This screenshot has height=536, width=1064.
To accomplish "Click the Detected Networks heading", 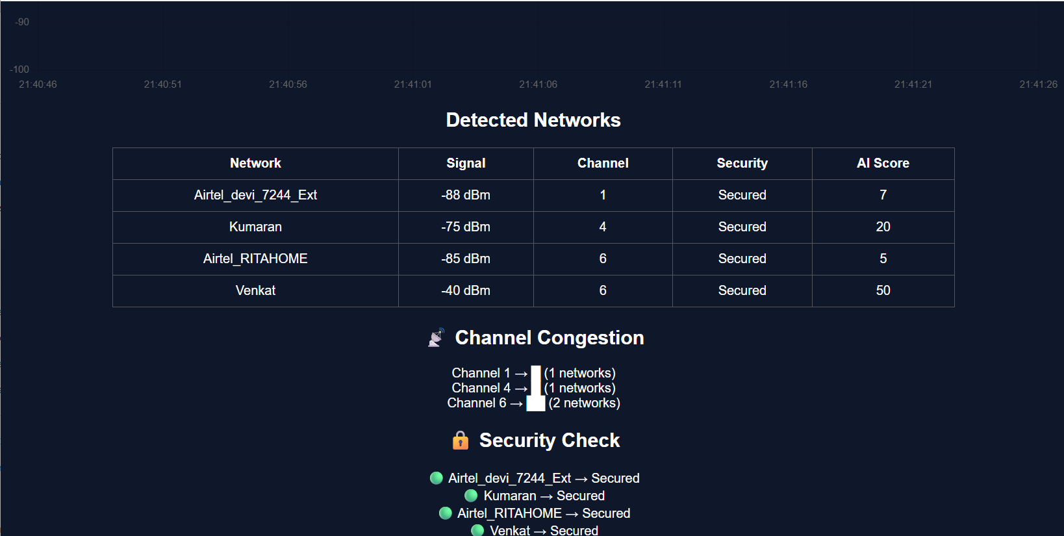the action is coord(533,120).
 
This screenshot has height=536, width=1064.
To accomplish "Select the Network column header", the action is coord(255,163).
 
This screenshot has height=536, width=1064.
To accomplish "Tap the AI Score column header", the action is coord(883,163).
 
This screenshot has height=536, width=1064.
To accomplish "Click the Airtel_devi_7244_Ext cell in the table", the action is coord(255,195).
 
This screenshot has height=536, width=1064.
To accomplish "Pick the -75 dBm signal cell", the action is coord(466,227).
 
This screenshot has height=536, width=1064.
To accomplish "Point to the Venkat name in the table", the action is coord(255,290).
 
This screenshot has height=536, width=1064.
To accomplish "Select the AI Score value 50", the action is coord(883,290).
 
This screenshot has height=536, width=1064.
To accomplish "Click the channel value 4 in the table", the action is coord(603,227).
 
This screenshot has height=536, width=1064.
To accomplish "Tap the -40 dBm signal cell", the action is coord(466,290).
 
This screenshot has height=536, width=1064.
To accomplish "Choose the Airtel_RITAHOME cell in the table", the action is coord(255,259).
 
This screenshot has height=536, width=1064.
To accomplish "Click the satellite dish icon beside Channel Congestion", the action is coord(437,338).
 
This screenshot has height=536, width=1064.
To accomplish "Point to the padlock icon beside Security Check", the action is coord(461,440).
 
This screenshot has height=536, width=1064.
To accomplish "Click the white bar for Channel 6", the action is coord(536,403).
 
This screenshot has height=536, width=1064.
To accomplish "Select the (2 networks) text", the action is coord(584,403).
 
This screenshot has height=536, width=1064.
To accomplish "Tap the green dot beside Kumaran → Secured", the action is coord(471,496).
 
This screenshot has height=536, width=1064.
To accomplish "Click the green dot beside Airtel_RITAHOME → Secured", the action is coord(445,513).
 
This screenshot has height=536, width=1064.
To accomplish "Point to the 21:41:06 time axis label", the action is coord(538,84).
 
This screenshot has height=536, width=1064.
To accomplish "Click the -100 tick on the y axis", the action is coord(19,70).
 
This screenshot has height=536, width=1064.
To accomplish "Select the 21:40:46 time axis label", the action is coord(38,84).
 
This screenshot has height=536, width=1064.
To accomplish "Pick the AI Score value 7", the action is coord(883,195).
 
